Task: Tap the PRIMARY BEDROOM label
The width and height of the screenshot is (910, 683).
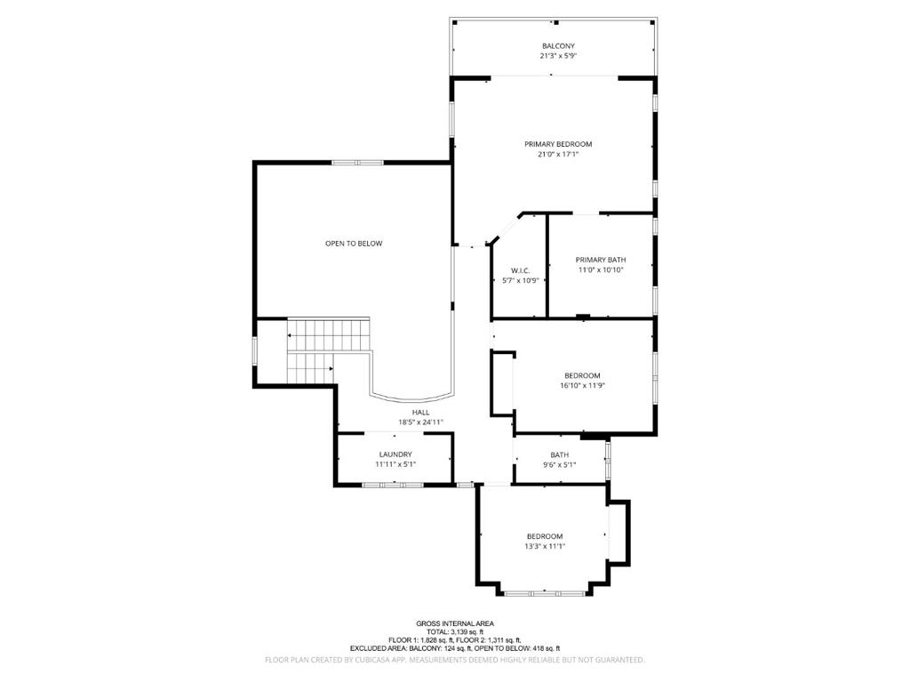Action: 558,144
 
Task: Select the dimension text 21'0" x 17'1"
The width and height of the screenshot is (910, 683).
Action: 558,155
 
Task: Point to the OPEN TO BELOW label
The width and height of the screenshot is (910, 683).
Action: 354,244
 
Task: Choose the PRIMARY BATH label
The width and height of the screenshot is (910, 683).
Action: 601,260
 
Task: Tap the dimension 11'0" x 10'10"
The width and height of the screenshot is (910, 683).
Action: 601,270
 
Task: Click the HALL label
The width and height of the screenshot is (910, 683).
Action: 421,413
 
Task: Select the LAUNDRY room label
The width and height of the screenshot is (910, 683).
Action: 395,454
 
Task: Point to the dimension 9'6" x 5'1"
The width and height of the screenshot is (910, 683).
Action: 560,464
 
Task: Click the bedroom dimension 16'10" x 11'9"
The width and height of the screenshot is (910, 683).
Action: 583,385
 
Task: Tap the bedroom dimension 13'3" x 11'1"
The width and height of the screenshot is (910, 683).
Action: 545,547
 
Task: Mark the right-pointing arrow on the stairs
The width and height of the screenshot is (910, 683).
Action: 331,368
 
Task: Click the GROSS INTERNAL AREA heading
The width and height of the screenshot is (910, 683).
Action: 455,623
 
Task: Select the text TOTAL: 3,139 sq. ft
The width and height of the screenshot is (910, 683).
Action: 455,632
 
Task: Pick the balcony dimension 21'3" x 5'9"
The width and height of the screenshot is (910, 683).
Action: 558,56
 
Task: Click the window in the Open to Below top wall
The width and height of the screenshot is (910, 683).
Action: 357,163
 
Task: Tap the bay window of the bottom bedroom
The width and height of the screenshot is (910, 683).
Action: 544,593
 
